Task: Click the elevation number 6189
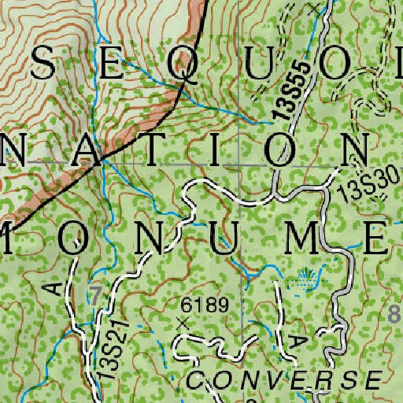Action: tap(204, 304)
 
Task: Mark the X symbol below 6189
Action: tap(183, 322)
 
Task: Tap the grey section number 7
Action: tap(95, 297)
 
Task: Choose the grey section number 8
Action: tap(395, 316)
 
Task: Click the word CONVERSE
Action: tap(283, 380)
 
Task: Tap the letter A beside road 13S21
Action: tap(54, 288)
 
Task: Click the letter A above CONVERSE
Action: tap(298, 340)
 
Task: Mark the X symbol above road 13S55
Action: tap(316, 9)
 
